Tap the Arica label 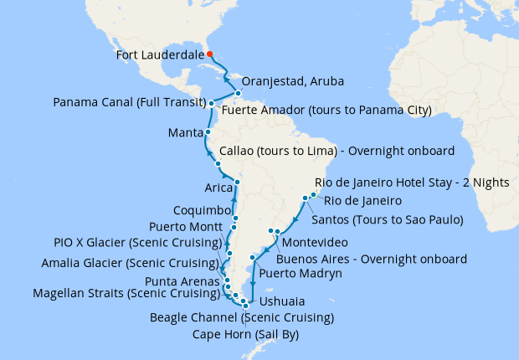coord(218,188)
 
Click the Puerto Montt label coord(185,227)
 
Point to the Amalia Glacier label coord(131,265)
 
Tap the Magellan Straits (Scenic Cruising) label coord(126,294)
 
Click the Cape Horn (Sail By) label coord(245,334)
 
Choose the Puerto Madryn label coord(301,273)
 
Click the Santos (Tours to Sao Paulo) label coord(388,220)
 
